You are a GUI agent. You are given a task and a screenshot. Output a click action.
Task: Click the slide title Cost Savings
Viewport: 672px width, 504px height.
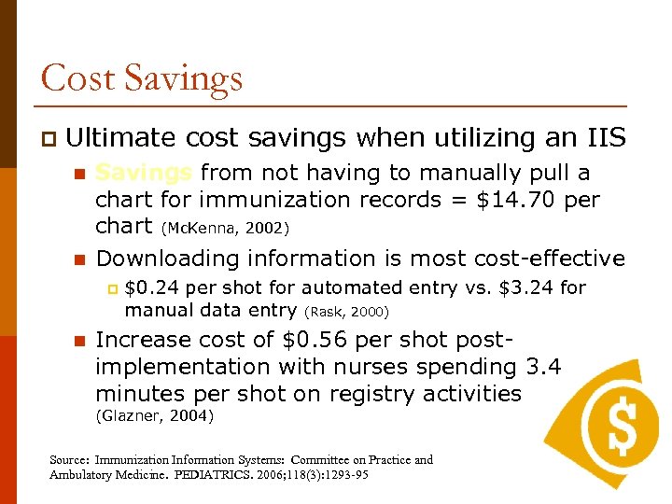pyautogui.click(x=142, y=77)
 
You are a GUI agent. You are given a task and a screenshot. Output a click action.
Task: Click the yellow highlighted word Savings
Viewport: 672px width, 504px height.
pyautogui.click(x=145, y=174)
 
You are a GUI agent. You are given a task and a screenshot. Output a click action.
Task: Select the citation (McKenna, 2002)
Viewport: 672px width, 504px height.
pyautogui.click(x=225, y=228)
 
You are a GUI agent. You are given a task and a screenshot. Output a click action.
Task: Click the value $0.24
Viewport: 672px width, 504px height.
pyautogui.click(x=149, y=287)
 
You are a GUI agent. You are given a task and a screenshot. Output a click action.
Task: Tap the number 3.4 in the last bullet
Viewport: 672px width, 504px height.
pyautogui.click(x=543, y=367)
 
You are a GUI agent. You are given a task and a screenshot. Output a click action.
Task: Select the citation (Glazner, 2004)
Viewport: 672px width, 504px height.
pyautogui.click(x=156, y=416)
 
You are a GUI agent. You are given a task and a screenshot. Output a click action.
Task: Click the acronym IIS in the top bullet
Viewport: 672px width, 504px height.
pyautogui.click(x=601, y=138)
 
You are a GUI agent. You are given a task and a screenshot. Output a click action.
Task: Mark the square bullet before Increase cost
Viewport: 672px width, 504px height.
pyautogui.click(x=79, y=341)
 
